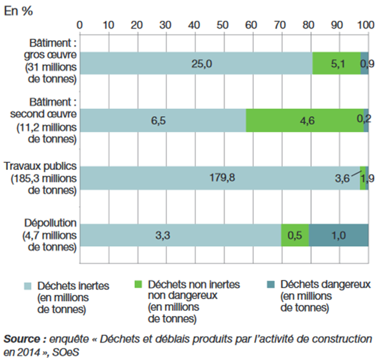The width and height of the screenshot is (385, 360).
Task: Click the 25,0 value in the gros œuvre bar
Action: pos(196,63)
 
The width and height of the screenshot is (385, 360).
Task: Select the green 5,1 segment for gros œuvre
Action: pos(337,63)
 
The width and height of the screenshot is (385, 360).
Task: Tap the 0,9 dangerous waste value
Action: pos(364,63)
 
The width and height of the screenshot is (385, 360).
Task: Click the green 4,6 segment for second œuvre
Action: pos(305,121)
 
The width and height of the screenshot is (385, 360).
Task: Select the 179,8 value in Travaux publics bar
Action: pos(220,178)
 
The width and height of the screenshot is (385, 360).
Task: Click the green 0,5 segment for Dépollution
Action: pos(295,236)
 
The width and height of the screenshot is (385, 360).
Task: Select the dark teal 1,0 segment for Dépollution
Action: pos(338,236)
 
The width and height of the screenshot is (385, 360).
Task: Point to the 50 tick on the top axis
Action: pos(224,24)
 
